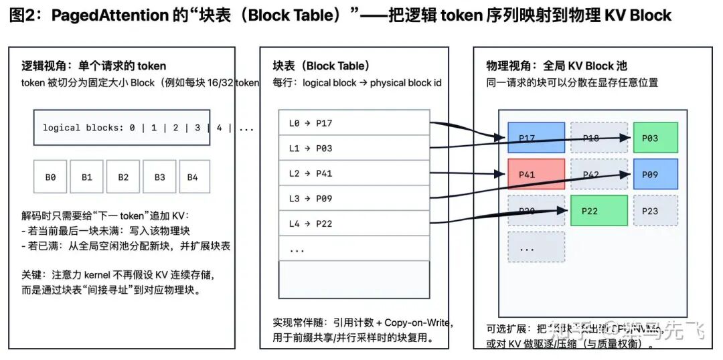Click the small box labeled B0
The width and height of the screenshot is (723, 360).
tap(50, 177)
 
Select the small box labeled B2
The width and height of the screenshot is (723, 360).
tap(123, 177)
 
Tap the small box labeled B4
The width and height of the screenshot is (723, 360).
tap(193, 177)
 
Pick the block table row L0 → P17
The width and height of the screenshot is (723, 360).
tap(353, 123)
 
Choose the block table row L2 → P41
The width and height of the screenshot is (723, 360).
tap(353, 173)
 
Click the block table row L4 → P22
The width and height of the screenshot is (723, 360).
tap(353, 223)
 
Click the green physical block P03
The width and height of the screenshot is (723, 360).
tap(655, 138)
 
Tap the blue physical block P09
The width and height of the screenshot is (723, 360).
tap(655, 175)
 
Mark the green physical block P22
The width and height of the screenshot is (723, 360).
tap(598, 211)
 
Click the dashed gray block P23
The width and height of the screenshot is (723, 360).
tap(655, 211)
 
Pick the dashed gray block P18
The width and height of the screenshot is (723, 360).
tap(598, 138)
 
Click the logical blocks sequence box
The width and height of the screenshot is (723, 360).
tap(122, 128)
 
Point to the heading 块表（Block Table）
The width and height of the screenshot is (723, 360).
tap(321, 66)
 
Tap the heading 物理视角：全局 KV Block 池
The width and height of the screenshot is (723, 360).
tap(556, 66)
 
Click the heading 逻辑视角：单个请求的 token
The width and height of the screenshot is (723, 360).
tap(94, 66)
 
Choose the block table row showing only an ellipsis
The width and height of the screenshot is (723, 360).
tap(353, 248)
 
